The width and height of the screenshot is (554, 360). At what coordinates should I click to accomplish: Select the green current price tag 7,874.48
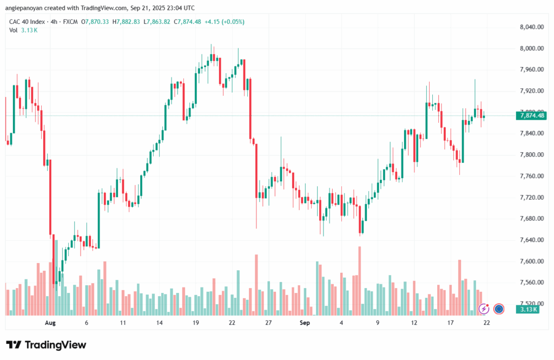coord(532,115)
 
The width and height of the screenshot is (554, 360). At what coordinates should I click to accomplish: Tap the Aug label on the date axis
coord(50,322)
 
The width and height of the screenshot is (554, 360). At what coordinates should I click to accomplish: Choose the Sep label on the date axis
coord(305,322)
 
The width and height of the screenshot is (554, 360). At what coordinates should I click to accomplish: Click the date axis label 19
coord(196,322)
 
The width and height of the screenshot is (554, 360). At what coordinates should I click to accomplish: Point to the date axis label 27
coord(268,322)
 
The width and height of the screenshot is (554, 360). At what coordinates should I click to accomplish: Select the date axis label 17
coord(450,322)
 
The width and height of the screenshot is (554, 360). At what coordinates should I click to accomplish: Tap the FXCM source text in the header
coord(71,22)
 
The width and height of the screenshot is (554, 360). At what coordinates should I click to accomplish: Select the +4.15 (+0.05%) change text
coord(225,22)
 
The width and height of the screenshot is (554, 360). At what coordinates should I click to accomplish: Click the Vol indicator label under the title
coord(14,30)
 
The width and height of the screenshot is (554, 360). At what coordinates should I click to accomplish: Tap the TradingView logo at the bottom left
coord(46,345)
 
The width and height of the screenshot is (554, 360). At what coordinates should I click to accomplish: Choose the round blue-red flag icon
coord(499,309)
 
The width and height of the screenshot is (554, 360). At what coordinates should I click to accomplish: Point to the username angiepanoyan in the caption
coord(30,8)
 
